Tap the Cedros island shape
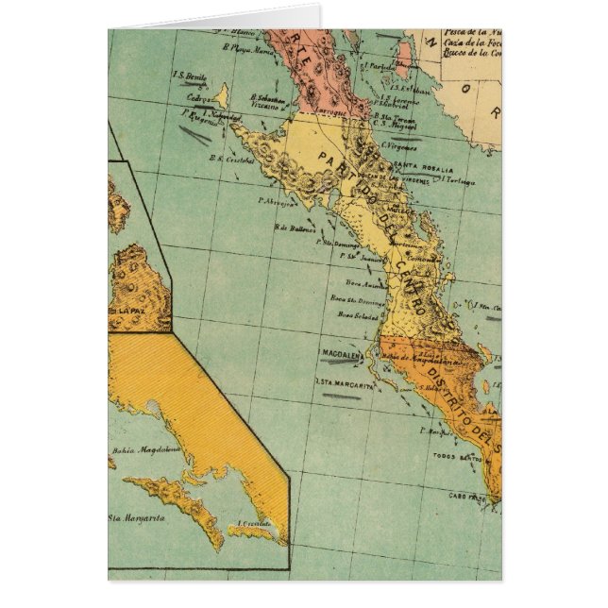pyautogui.click(x=220, y=95)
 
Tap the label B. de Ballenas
pyautogui.click(x=294, y=226)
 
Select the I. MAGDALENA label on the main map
pyautogui.click(x=341, y=356)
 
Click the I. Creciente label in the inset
pyautogui.click(x=255, y=523)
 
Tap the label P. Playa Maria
pyautogui.click(x=243, y=45)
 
